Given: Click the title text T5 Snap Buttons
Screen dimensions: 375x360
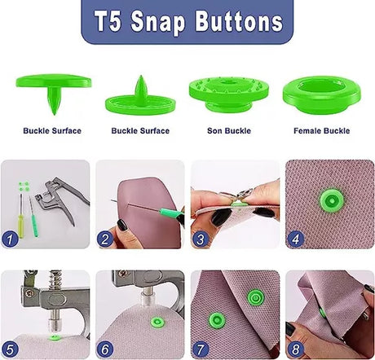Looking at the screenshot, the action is [188, 22].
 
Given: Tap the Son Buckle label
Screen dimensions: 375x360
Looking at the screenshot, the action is [229, 130].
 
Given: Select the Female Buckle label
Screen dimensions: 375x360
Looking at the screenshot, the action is [321, 130].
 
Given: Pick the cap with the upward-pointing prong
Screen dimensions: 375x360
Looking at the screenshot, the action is [140, 98].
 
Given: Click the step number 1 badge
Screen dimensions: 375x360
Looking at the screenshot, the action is [10, 239].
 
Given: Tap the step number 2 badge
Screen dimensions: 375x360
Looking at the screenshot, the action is [105, 239].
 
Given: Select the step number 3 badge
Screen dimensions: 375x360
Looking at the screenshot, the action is [201, 239].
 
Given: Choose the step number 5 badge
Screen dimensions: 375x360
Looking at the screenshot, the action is [10, 349].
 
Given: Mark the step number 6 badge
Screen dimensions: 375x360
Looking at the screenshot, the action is [105, 349].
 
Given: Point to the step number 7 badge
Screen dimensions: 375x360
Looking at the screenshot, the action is [201, 349].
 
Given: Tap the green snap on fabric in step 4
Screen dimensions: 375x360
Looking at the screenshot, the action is [332, 200].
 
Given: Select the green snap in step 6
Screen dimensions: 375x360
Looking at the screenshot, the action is [157, 323].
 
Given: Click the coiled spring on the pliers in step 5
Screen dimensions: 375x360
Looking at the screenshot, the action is [55, 279].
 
